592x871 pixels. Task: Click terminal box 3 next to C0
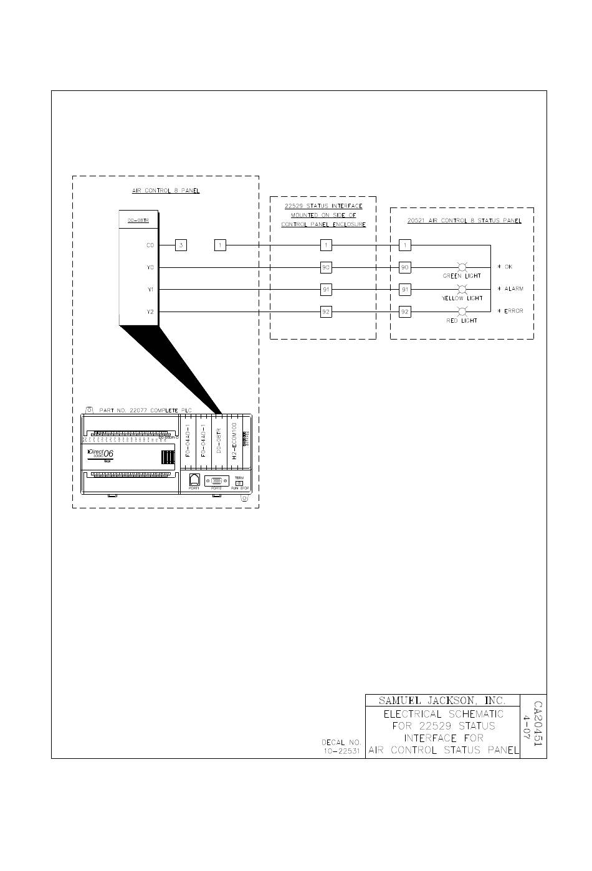click(181, 245)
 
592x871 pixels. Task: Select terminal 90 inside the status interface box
click(326, 268)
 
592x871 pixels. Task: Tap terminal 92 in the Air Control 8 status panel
click(405, 312)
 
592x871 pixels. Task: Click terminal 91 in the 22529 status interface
click(326, 290)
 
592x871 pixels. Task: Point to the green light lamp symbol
click(463, 268)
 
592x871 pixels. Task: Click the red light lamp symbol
click(462, 312)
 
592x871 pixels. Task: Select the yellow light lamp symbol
click(462, 290)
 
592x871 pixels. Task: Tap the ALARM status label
click(512, 289)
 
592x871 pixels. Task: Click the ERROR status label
click(512, 311)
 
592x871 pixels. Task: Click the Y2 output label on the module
click(150, 312)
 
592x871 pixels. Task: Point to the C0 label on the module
click(150, 245)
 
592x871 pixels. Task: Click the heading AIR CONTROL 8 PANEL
click(166, 191)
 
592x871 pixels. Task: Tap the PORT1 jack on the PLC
click(194, 480)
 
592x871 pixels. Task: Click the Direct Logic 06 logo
click(100, 454)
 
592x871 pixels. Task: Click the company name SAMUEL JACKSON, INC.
click(442, 701)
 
